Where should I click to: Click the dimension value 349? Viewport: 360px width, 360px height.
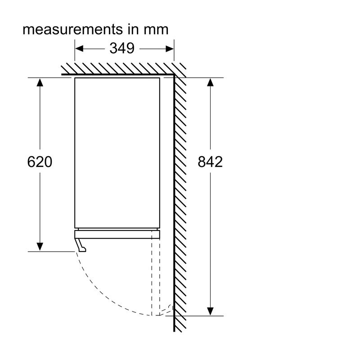click(122, 48)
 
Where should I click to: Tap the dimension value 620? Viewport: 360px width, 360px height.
click(40, 162)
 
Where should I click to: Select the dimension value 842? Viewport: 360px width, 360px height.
click(210, 162)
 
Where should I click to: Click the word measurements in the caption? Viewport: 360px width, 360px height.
click(73, 29)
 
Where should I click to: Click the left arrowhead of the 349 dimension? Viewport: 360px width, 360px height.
click(79, 49)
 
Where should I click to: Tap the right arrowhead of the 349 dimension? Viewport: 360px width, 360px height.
click(170, 49)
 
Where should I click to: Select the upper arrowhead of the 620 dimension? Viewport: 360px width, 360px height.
click(40, 82)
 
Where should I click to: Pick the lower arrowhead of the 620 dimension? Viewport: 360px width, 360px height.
click(40, 247)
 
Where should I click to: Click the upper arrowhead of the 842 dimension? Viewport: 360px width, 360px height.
click(210, 82)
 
